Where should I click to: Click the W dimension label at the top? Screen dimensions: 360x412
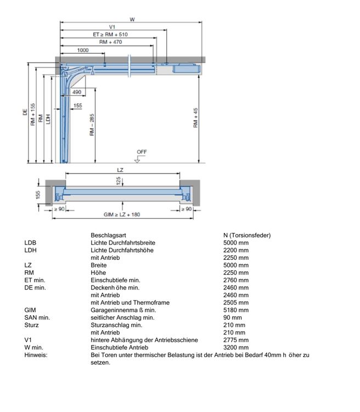click(x=132, y=19)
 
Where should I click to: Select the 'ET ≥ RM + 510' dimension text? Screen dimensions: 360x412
click(x=110, y=35)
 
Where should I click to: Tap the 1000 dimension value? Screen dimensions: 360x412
click(x=83, y=50)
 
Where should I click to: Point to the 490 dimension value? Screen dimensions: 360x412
click(x=77, y=92)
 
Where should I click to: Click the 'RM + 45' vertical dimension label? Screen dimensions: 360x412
click(x=195, y=118)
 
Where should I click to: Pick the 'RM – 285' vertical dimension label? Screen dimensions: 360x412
click(x=92, y=125)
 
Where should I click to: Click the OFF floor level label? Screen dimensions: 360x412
click(x=142, y=152)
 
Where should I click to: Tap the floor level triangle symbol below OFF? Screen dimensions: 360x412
click(x=137, y=160)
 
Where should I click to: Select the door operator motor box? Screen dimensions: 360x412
click(x=187, y=69)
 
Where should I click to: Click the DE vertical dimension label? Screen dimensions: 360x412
click(x=25, y=112)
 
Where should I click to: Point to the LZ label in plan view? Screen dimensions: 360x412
click(x=120, y=170)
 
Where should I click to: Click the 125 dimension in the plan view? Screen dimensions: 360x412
click(x=119, y=181)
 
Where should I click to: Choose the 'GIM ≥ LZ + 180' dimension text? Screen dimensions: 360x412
click(x=122, y=214)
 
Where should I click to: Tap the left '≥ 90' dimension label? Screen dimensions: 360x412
click(x=59, y=209)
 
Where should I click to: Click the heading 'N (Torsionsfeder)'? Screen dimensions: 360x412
click(x=247, y=235)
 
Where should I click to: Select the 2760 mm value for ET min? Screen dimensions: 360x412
click(x=236, y=280)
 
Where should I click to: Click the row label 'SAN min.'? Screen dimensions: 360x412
click(x=37, y=318)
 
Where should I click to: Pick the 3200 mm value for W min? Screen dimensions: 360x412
click(x=236, y=347)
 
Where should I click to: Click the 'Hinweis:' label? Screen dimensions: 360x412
click(x=36, y=355)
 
